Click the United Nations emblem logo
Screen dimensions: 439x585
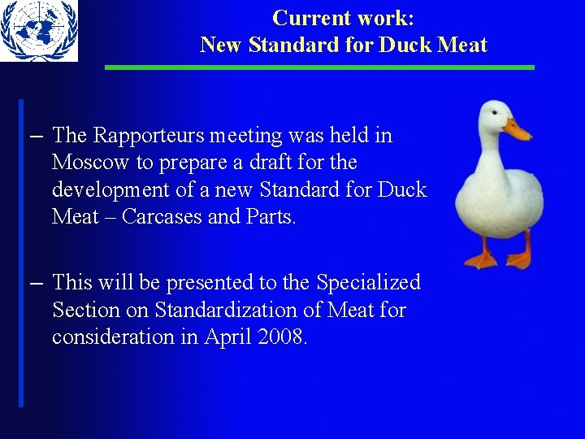coord(38,31)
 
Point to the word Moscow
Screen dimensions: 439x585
coord(91,163)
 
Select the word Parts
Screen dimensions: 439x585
coord(272,216)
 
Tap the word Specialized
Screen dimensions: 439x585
coord(368,282)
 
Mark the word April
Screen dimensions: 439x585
coord(226,337)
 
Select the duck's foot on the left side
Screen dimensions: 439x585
coord(481,259)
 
